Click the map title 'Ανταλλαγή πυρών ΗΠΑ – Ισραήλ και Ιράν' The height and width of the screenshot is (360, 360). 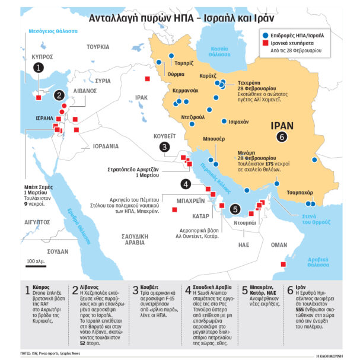(180, 18)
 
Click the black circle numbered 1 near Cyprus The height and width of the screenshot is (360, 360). (39, 68)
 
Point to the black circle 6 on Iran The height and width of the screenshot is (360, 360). (282, 137)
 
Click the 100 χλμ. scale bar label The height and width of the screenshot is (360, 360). (36, 261)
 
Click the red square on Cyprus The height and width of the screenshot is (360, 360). (39, 98)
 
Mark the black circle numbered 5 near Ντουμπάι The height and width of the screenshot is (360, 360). (235, 209)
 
